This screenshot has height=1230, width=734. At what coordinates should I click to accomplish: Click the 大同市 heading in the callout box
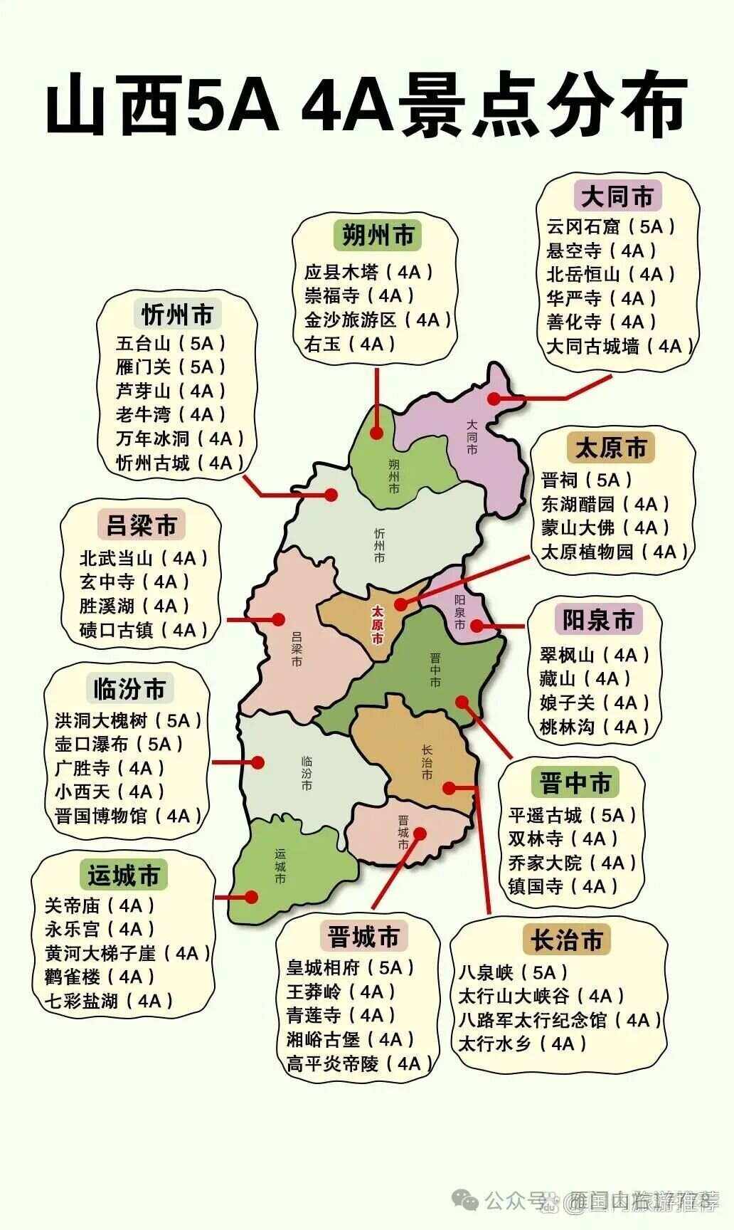pos(617,196)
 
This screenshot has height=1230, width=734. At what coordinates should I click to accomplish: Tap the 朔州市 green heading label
pos(378,235)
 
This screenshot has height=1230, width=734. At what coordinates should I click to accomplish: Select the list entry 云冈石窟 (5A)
pos(610,227)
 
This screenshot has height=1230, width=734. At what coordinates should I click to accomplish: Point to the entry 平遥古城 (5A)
pos(573,815)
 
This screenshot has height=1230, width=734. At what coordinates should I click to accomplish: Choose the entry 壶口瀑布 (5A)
pos(119,744)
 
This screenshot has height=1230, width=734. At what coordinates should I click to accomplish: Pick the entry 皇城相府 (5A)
pos(350,967)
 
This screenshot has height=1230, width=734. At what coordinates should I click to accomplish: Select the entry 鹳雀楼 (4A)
pos(100,977)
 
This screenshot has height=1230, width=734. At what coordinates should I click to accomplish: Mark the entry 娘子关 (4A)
pos(595,703)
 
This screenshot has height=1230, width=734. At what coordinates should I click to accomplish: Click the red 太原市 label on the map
pos(378,624)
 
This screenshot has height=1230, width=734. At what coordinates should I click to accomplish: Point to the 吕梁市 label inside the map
pos(297,649)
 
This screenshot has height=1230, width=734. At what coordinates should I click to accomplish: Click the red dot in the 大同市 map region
pos(494,399)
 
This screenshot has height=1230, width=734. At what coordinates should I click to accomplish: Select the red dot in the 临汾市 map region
pos(258,762)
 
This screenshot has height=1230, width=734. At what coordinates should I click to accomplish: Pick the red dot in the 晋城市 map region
pos(420,833)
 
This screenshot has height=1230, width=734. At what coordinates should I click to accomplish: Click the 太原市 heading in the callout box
pos(610,448)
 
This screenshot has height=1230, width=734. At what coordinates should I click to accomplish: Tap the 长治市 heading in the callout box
pos(566,940)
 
